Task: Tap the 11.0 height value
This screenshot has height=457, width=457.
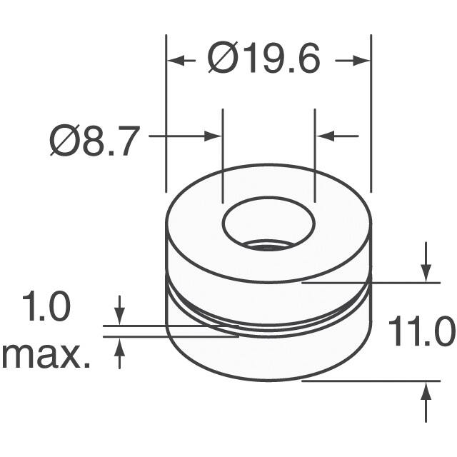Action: pyautogui.click(x=421, y=332)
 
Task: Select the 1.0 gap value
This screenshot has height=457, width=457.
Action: pyautogui.click(x=47, y=309)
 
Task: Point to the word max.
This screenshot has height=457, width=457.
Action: pyautogui.click(x=46, y=355)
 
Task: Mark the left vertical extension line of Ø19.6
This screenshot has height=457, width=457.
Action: pyautogui.click(x=166, y=114)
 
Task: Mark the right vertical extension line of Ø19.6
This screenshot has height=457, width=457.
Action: pyautogui.click(x=371, y=114)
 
